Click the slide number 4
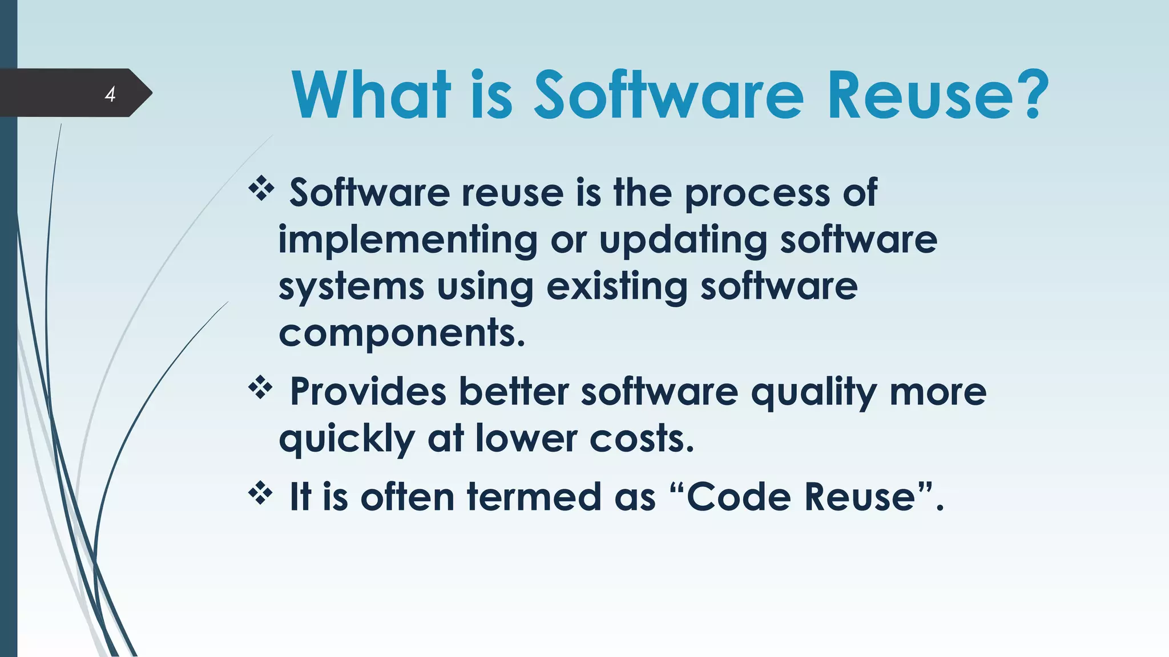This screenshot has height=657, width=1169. click(x=110, y=94)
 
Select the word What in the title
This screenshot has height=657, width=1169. click(x=371, y=95)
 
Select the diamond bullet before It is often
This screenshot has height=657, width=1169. click(x=261, y=493)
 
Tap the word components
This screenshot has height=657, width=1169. click(x=401, y=333)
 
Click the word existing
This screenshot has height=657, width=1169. click(x=616, y=287)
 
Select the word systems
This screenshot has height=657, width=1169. click(x=351, y=287)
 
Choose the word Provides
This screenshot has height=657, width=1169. click(x=368, y=392)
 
